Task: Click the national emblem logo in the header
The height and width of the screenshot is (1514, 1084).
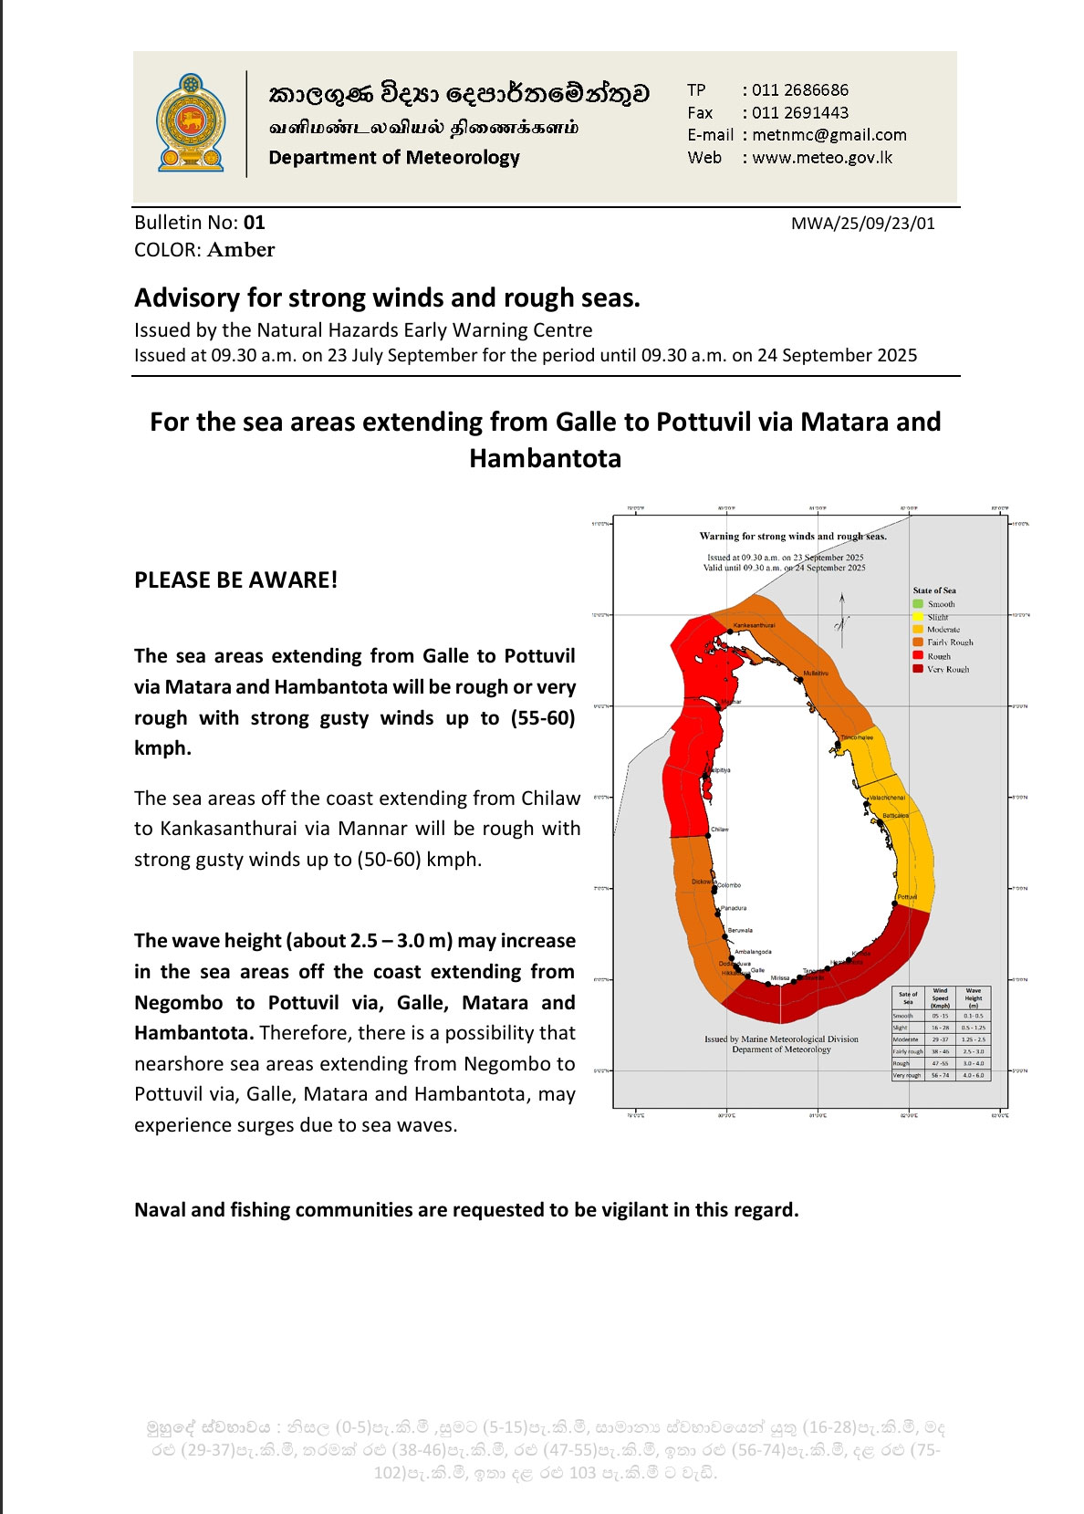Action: point(190,123)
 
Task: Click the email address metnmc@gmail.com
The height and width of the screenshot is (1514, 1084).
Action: point(829,135)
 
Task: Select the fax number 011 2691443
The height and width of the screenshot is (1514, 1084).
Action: point(799,112)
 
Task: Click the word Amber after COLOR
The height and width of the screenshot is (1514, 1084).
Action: point(241,250)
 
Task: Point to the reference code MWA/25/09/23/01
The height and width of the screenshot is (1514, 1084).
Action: point(862,223)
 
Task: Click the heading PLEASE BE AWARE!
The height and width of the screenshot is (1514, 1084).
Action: point(235,580)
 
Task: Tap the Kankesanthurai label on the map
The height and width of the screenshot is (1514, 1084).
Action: point(754,625)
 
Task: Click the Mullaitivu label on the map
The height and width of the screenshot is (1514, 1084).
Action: point(816,673)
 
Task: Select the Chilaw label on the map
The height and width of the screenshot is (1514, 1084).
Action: point(720,830)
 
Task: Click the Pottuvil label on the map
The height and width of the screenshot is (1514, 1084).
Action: point(907,897)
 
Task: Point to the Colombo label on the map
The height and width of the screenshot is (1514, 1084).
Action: point(729,885)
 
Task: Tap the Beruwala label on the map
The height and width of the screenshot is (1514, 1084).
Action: point(740,930)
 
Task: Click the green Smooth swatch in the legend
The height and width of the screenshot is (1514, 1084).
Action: point(918,604)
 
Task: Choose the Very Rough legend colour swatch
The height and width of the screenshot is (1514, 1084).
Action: point(918,669)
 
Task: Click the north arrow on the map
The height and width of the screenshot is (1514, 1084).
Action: point(841,611)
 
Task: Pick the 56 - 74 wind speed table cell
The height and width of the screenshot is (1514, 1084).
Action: point(940,1075)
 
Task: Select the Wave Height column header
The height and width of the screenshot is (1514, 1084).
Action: point(974,997)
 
